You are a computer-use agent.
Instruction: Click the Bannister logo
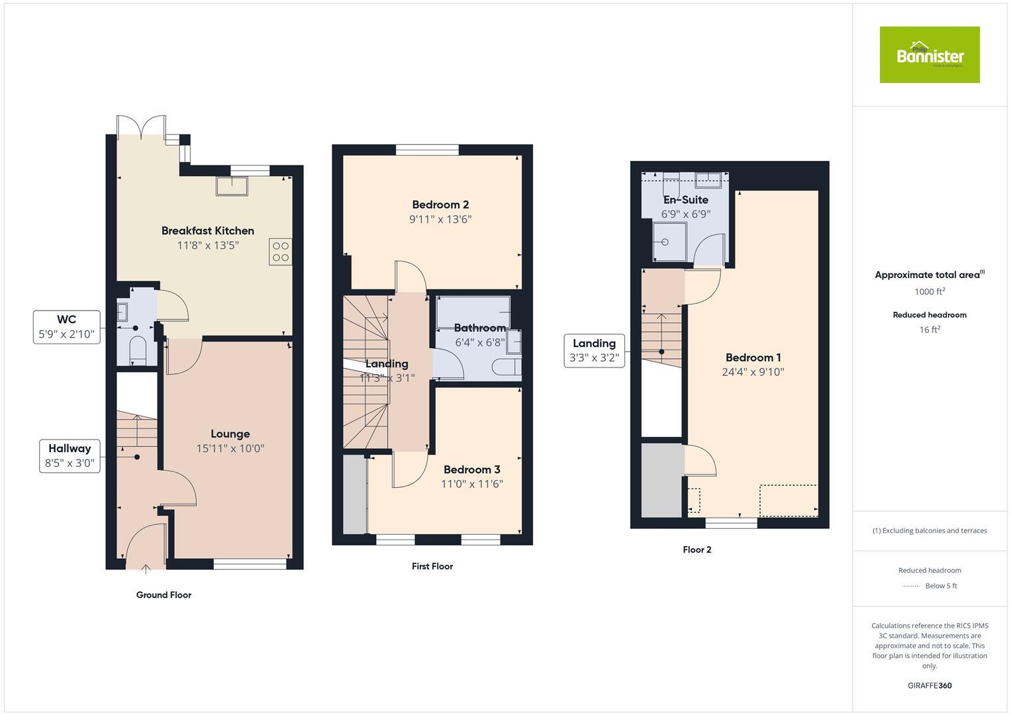coord(929,55)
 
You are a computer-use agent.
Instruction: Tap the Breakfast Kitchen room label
coord(207,231)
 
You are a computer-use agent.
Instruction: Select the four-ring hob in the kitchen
coord(280,252)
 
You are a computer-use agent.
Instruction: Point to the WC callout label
coord(67,327)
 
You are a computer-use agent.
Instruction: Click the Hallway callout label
coord(70,456)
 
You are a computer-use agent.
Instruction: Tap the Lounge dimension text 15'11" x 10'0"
coord(230,449)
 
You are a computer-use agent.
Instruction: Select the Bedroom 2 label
coord(440,205)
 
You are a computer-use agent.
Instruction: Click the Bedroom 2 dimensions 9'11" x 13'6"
coord(440,220)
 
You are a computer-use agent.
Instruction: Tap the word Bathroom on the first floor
coord(479,328)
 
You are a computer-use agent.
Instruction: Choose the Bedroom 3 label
coord(471,470)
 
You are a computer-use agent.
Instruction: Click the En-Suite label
coord(685,200)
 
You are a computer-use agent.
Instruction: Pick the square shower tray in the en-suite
coord(665,242)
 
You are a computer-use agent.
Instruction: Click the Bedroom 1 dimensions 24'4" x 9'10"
coord(753,372)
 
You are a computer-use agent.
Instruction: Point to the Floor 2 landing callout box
coord(594,351)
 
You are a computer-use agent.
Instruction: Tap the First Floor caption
coord(432,567)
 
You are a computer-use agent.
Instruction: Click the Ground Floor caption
coord(164,595)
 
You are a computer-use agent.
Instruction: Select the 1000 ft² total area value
coord(929,292)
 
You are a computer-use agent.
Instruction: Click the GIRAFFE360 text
coord(929,686)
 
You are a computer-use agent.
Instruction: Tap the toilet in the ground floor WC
coord(138,350)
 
